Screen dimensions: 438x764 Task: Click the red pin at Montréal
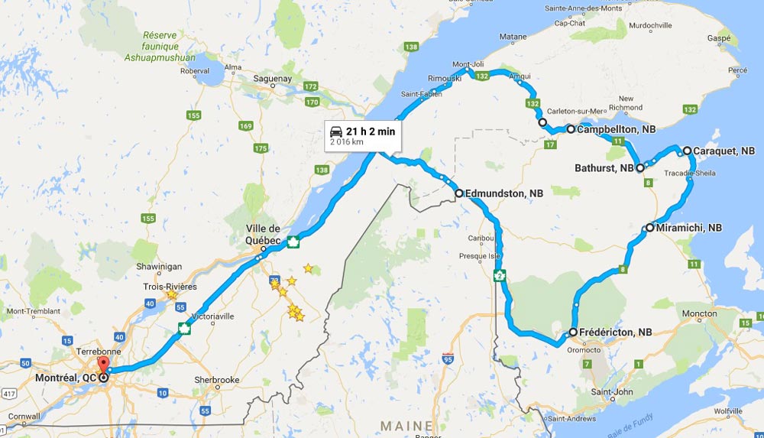[x=102, y=363]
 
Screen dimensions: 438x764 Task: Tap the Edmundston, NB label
[x=503, y=194]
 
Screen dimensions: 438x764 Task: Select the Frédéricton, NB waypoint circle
[x=573, y=333]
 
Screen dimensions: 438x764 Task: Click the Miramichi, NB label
[x=688, y=228]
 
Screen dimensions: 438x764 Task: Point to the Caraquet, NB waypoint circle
[x=687, y=151]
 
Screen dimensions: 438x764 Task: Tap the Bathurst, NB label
[x=605, y=168]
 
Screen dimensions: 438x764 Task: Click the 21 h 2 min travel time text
[x=371, y=131]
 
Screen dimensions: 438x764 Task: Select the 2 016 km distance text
[x=346, y=142]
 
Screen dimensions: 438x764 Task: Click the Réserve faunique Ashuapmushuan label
[x=169, y=47]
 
